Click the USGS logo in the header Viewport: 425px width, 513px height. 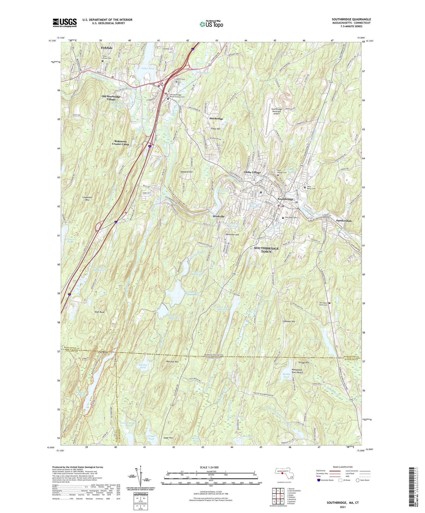(65, 23)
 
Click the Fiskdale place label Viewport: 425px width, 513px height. (107, 48)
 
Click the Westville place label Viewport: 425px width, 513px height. (218, 216)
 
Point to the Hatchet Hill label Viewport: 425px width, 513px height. (172, 362)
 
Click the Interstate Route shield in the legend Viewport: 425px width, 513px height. (318, 480)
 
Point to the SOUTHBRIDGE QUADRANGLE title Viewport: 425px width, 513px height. (351, 19)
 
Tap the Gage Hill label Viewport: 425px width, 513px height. (168, 438)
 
